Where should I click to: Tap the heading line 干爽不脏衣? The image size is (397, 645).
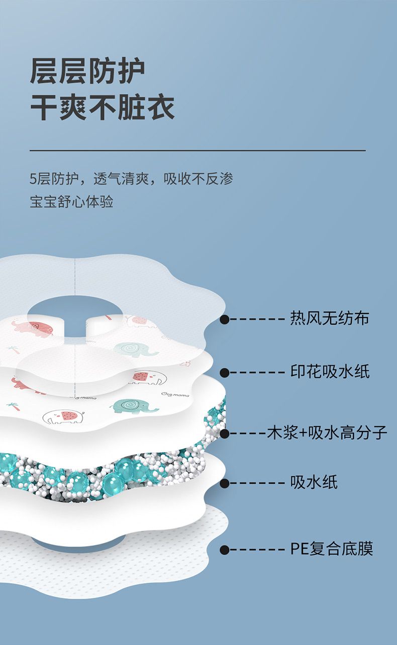[x=103, y=108]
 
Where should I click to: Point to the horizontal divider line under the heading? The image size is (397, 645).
[x=198, y=150]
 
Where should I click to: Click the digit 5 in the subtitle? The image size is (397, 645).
[x=33, y=179]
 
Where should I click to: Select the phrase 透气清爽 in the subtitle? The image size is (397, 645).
[x=121, y=179]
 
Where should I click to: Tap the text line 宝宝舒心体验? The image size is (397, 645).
[x=71, y=201]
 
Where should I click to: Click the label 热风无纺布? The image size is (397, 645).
[x=329, y=318]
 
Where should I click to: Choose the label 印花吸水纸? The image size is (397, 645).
[x=330, y=372]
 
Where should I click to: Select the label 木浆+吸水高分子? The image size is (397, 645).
[x=327, y=433]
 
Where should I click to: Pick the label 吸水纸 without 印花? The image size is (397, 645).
[x=314, y=482]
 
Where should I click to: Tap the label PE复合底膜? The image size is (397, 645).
[x=331, y=549]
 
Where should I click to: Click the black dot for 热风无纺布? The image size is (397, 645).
[x=225, y=319]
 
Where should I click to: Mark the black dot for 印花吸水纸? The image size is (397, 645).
[x=225, y=373]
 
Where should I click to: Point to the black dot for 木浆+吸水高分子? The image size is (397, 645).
[x=225, y=434]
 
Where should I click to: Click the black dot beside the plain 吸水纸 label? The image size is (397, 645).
[x=225, y=483]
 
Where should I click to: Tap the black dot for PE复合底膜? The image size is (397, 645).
[x=225, y=550]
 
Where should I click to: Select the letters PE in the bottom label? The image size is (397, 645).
[x=298, y=549]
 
